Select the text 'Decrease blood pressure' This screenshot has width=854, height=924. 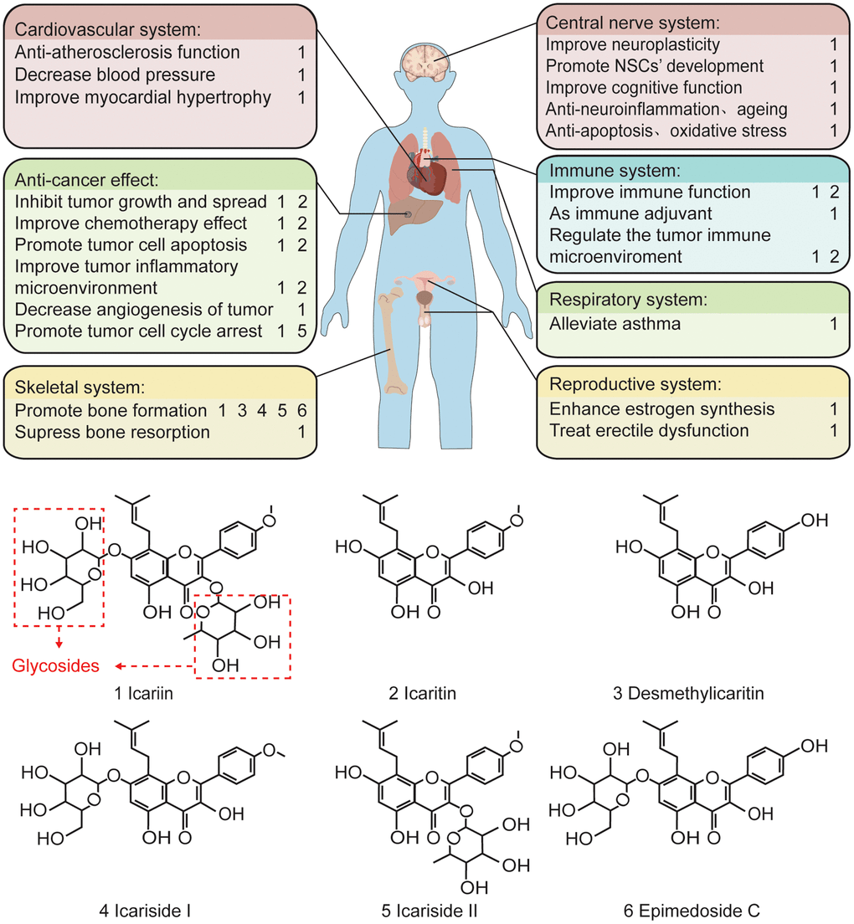click(x=115, y=75)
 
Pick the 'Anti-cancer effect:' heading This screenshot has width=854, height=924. click(x=87, y=180)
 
